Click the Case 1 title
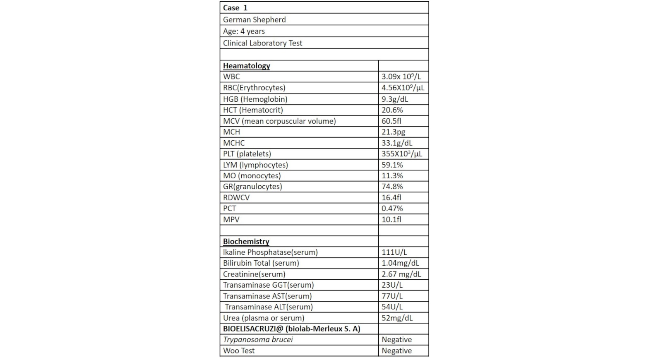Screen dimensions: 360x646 (235, 8)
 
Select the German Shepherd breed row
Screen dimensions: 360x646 (254, 19)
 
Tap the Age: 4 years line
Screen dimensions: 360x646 (244, 31)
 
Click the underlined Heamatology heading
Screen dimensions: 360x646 (246, 66)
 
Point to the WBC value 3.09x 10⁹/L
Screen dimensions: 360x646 (401, 77)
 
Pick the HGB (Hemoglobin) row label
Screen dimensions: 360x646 (255, 99)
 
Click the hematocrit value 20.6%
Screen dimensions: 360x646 (392, 110)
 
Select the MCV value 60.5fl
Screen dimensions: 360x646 (391, 121)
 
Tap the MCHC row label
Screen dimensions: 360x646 (234, 143)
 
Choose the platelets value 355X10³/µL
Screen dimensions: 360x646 (402, 154)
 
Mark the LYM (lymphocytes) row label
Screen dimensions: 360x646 (255, 165)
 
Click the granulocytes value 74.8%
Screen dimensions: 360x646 (392, 187)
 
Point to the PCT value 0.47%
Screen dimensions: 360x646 (392, 209)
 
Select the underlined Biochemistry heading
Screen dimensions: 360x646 (246, 241)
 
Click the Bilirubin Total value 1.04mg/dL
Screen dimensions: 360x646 (400, 263)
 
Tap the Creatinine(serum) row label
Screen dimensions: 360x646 (254, 274)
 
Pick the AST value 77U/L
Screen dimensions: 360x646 (392, 296)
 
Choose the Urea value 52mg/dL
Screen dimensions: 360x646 (397, 318)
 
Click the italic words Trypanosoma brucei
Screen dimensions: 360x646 (258, 340)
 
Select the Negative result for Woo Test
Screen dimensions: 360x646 (396, 350)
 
